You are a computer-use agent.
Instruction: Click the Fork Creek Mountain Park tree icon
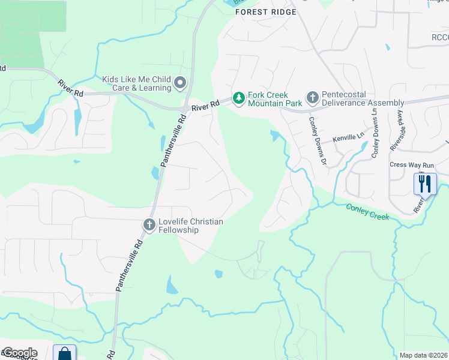click(x=239, y=98)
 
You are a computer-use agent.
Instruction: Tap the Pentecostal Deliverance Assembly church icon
click(x=312, y=97)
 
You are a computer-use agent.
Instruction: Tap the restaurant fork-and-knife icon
click(x=425, y=183)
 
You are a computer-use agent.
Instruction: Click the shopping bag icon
click(x=64, y=354)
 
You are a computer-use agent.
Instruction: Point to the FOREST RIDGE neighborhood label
click(x=266, y=12)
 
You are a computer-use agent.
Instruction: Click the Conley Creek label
click(x=367, y=211)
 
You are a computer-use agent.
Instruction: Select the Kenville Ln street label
click(x=348, y=137)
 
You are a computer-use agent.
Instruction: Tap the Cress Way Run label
click(x=411, y=165)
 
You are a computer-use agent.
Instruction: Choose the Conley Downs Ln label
click(x=375, y=133)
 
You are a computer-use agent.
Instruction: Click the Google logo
click(x=19, y=353)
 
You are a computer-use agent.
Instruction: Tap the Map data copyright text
click(x=423, y=355)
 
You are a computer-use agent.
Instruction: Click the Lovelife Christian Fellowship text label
click(x=190, y=226)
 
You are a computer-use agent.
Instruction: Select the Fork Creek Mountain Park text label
click(x=268, y=99)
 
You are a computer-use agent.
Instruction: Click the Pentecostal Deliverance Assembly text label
click(x=363, y=98)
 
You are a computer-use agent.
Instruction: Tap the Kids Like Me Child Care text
click(x=136, y=83)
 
